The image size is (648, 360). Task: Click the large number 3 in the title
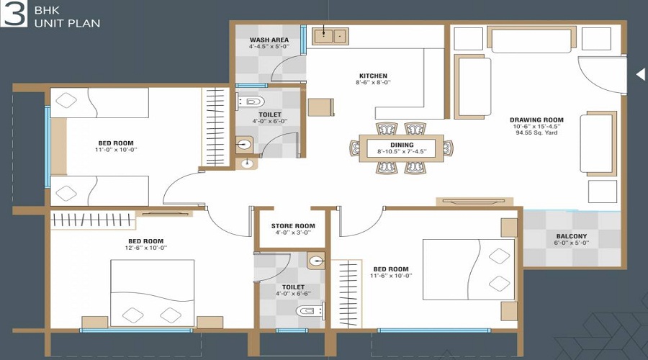point(14,15)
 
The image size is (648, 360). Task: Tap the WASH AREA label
point(269,40)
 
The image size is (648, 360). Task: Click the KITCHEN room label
point(374,76)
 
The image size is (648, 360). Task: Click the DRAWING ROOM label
point(536,120)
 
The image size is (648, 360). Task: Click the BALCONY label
point(571,236)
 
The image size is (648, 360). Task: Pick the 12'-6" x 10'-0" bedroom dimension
point(146,248)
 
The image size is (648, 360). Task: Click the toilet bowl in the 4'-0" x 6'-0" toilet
point(251,101)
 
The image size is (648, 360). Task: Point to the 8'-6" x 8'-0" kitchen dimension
point(374,83)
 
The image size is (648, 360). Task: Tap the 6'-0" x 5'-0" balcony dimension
point(571,243)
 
